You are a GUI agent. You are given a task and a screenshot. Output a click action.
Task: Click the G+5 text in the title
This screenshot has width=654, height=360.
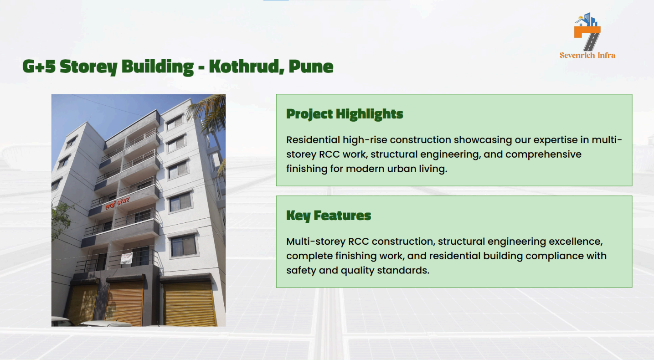[39, 66]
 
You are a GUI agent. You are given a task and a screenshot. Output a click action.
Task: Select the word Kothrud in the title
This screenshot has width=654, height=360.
[247, 66]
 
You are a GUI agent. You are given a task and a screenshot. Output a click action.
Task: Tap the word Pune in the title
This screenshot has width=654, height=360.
[311, 66]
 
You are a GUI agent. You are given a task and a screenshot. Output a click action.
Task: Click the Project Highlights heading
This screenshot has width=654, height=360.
[345, 114]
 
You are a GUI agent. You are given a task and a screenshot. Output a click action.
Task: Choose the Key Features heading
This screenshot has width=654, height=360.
[329, 216]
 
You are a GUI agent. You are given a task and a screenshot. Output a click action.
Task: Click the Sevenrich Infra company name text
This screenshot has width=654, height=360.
[587, 55]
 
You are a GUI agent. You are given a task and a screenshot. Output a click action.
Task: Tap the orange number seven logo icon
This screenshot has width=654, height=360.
[587, 31]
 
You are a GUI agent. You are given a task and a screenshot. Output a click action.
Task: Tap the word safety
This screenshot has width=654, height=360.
[301, 270]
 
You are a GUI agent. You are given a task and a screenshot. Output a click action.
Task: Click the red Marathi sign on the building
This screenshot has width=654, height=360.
[117, 203]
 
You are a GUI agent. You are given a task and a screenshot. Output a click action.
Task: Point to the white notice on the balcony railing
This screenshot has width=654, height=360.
[126, 258]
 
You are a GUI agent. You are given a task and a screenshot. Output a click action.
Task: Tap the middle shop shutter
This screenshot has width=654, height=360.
[124, 303]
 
